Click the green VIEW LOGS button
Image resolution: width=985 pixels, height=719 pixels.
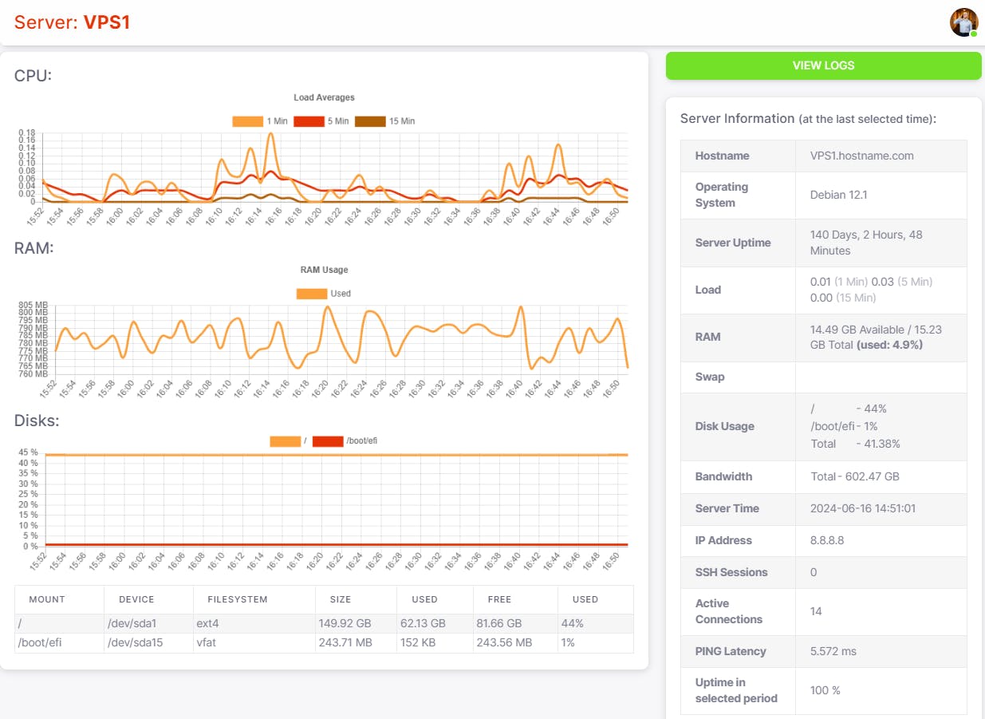(x=823, y=65)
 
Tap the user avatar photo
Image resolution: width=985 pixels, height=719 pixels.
(x=963, y=22)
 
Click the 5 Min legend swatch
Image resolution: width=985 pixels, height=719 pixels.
(x=309, y=121)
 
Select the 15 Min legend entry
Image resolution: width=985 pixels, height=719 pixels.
(x=384, y=121)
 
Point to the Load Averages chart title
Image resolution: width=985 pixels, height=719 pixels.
(x=324, y=97)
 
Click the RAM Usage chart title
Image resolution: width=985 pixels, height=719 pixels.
(x=324, y=270)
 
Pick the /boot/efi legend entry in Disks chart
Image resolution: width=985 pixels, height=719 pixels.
(x=345, y=441)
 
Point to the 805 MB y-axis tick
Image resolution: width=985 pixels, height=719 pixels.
(x=33, y=305)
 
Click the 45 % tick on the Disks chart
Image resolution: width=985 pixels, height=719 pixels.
(x=28, y=452)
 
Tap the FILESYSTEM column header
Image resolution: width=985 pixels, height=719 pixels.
(x=238, y=599)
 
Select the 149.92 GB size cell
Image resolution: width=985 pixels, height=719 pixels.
(x=345, y=623)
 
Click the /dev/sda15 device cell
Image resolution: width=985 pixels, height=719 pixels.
(x=135, y=642)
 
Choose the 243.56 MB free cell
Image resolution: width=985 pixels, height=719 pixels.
(x=504, y=642)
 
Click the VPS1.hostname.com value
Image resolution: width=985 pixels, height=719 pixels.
(x=862, y=156)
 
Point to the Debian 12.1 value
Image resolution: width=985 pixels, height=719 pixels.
(x=838, y=195)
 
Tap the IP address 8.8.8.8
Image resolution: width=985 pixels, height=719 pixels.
(x=827, y=540)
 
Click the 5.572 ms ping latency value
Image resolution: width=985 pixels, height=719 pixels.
(x=833, y=651)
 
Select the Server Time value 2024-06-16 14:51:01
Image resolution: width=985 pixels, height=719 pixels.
(x=863, y=508)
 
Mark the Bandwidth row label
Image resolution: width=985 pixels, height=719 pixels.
(x=724, y=476)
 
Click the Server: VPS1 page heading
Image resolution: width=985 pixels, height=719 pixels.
(x=72, y=22)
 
